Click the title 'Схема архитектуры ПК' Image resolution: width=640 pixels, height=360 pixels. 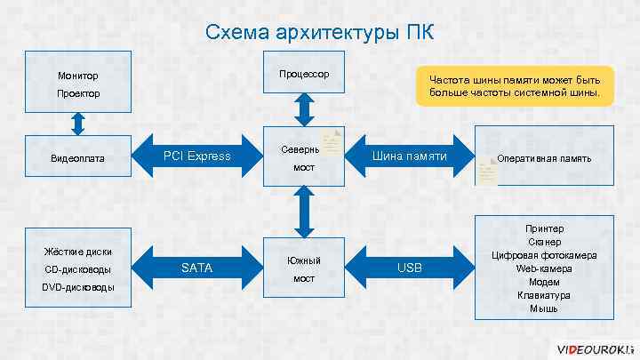coord(320,33)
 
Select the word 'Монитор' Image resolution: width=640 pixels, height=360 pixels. coord(78,76)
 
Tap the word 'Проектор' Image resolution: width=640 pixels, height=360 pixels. coord(78,93)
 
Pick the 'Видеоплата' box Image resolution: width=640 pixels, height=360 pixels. coord(78,158)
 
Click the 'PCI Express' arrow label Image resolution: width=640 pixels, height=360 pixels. coord(196,157)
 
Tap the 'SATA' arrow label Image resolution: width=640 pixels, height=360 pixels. coord(196,268)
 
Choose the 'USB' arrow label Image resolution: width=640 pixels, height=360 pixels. coord(410,268)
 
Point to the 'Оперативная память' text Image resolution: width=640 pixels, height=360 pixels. coord(544,158)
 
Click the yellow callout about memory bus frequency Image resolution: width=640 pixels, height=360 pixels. coord(515,86)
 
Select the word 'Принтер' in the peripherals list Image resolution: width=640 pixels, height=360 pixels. coord(544,228)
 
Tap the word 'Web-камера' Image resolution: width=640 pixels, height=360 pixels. coord(544,268)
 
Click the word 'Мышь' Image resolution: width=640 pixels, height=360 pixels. coord(544,308)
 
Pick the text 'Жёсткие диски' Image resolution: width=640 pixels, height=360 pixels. coord(78,252)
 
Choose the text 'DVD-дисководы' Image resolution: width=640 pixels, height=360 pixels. coord(78,287)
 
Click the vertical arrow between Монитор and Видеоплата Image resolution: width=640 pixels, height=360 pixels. coord(78,122)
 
